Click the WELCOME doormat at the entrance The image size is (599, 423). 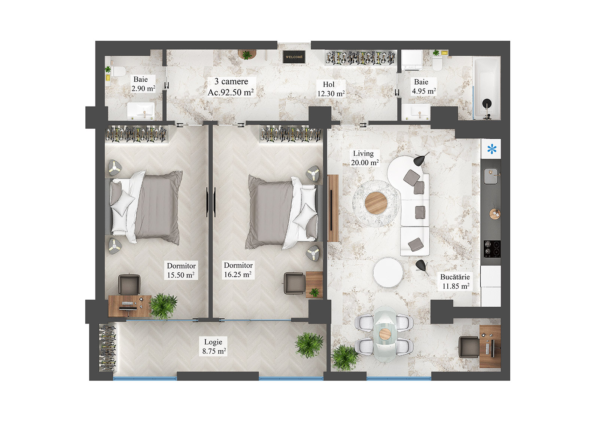click(294, 57)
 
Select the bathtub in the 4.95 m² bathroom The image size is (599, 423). click(486, 88)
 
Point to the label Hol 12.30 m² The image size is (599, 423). click(331, 89)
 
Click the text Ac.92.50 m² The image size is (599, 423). click(231, 92)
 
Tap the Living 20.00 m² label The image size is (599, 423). click(364, 158)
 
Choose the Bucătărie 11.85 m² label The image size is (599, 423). click(455, 282)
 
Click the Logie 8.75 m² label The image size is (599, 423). click(214, 346)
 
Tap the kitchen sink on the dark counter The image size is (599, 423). click(491, 176)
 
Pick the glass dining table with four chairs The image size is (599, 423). click(385, 334)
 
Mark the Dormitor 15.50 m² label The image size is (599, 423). click(181, 270)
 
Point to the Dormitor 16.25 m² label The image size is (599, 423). click(238, 270)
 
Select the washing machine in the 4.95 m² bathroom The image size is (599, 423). click(412, 60)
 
